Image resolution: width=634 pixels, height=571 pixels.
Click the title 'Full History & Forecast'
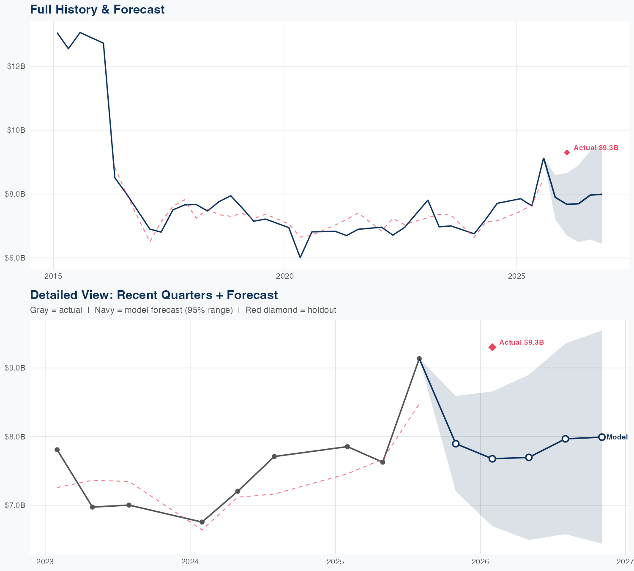[97, 9]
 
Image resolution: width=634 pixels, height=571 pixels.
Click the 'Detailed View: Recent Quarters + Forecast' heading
[154, 295]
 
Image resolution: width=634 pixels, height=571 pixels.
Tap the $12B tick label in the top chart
[16, 66]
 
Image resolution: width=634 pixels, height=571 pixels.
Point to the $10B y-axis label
[16, 130]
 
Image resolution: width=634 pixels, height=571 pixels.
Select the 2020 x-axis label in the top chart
[284, 277]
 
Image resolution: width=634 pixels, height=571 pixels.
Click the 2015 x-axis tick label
[53, 277]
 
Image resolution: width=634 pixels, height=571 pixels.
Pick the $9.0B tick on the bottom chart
[15, 368]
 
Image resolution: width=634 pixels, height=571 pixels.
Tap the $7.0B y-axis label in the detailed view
[15, 505]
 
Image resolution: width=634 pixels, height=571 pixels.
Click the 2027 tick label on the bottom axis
[625, 562]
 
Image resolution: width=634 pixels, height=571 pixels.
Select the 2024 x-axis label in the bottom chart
[190, 562]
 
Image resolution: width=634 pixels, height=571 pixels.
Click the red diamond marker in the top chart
[567, 152]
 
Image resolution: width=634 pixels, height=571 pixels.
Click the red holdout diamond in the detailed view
[492, 347]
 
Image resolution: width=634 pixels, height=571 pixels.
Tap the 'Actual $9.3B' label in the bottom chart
[521, 343]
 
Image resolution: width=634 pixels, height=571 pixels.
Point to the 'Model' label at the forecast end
[617, 437]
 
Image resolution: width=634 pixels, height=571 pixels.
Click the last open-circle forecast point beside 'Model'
[601, 437]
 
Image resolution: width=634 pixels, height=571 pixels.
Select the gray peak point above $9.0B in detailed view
[419, 359]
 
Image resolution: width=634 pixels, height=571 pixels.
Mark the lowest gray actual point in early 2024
[202, 522]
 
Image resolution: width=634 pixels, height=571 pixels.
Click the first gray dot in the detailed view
[57, 450]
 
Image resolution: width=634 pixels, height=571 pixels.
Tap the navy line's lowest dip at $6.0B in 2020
[300, 257]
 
